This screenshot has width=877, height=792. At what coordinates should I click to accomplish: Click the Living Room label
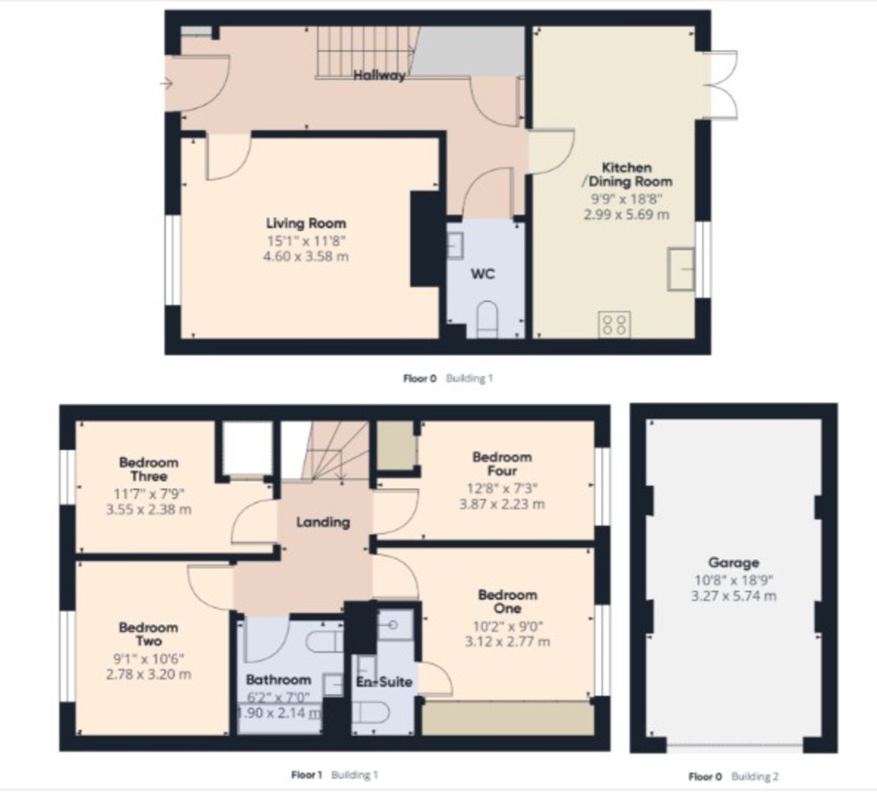(x=305, y=224)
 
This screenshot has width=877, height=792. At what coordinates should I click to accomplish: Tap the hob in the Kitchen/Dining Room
(x=615, y=324)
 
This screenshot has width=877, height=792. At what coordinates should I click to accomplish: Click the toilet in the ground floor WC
(x=486, y=320)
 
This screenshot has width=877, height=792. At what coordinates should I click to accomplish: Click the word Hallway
(x=379, y=75)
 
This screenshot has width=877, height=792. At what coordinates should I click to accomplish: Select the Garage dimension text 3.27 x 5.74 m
(x=734, y=595)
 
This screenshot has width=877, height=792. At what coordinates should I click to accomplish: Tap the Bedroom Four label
(x=502, y=464)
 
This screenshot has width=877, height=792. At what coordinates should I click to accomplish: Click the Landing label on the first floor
(x=322, y=522)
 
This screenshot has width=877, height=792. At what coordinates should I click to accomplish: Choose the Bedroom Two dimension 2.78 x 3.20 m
(x=148, y=674)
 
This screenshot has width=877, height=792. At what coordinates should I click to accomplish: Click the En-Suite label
(x=384, y=682)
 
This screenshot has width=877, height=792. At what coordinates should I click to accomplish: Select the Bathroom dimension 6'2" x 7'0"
(x=278, y=697)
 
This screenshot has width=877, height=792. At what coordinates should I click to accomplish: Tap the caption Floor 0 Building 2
(x=733, y=776)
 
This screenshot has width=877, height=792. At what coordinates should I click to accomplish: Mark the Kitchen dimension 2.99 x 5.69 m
(x=626, y=214)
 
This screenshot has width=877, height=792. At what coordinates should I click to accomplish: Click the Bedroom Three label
(x=148, y=469)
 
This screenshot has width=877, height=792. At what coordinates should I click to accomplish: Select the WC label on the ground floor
(x=482, y=273)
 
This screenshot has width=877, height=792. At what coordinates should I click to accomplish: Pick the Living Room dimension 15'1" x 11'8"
(x=305, y=240)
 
